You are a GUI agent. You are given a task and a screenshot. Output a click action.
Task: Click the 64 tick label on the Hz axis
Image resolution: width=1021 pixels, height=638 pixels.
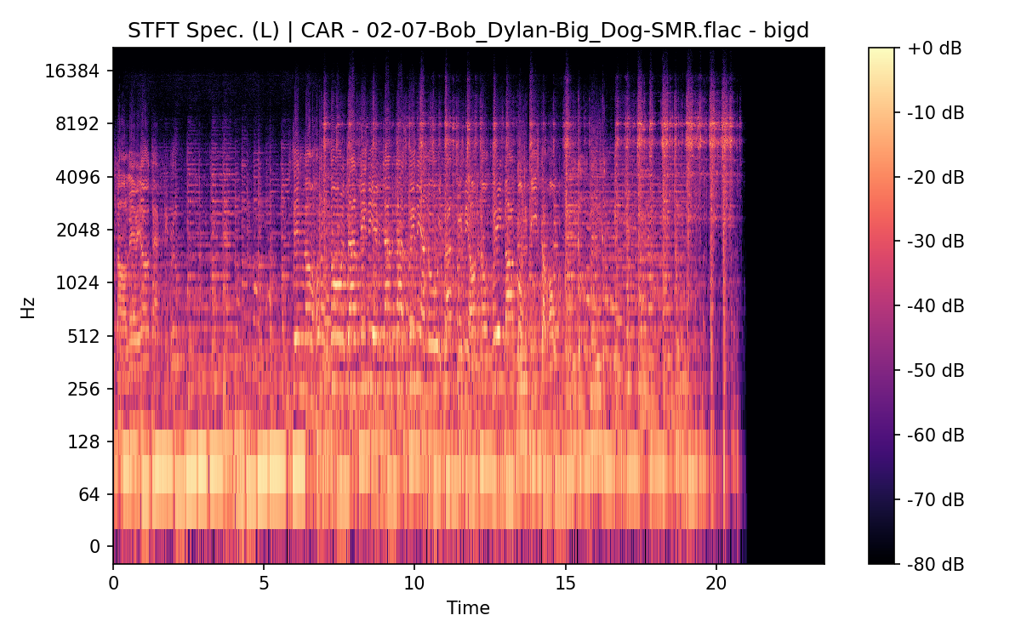tap(89, 494)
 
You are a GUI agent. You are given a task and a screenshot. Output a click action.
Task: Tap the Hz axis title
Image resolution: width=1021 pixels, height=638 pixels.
tap(28, 307)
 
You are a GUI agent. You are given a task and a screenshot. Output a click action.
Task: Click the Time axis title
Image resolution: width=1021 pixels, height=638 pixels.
tap(468, 608)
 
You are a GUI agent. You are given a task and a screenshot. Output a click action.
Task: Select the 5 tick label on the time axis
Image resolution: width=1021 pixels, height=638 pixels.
tap(264, 584)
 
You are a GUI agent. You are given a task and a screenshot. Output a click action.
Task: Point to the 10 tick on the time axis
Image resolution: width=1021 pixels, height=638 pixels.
tap(414, 584)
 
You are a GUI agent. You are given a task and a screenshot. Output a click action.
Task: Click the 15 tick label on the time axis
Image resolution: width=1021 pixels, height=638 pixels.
tap(565, 584)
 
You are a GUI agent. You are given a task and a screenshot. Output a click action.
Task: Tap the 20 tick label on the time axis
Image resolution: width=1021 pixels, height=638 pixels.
tap(716, 584)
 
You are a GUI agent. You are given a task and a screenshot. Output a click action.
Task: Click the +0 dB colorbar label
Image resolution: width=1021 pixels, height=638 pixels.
tap(934, 48)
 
